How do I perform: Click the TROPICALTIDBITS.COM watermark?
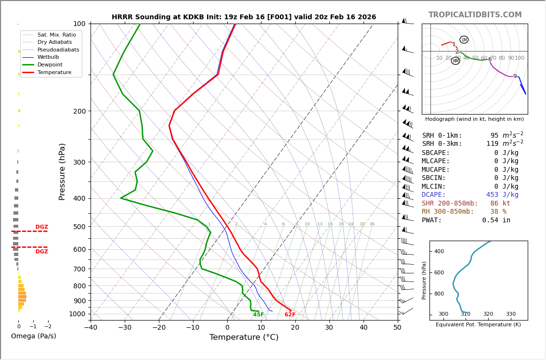click(475, 15)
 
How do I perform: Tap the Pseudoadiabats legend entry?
click(58, 50)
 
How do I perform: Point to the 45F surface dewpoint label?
click(259, 315)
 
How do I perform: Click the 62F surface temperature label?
click(290, 315)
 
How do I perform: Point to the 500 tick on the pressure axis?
click(79, 227)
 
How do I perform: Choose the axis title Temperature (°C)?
click(244, 337)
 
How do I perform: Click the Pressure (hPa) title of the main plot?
click(63, 171)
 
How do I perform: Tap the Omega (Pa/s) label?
click(33, 336)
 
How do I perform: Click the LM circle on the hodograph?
click(464, 40)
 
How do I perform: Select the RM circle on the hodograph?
click(455, 61)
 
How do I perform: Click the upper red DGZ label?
click(41, 227)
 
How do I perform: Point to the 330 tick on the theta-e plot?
click(510, 314)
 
